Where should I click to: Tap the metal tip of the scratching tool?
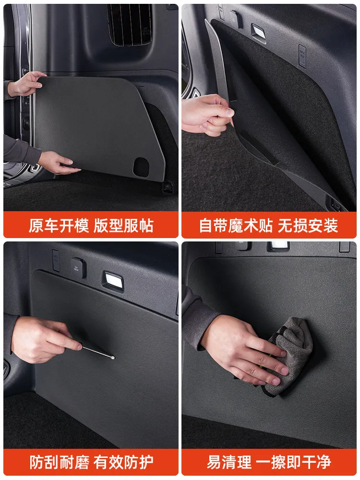tap(113, 357)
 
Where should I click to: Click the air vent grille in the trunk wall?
tap(130, 24)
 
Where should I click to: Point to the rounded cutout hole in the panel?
tap(141, 168)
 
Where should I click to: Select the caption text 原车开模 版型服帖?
tap(91, 226)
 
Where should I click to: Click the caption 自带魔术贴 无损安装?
tap(268, 226)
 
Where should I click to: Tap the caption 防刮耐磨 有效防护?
tap(91, 462)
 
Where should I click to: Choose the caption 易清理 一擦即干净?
tap(268, 462)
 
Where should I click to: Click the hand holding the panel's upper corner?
tap(26, 84)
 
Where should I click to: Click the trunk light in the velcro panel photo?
tap(258, 32)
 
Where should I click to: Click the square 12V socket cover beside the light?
tap(78, 267)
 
